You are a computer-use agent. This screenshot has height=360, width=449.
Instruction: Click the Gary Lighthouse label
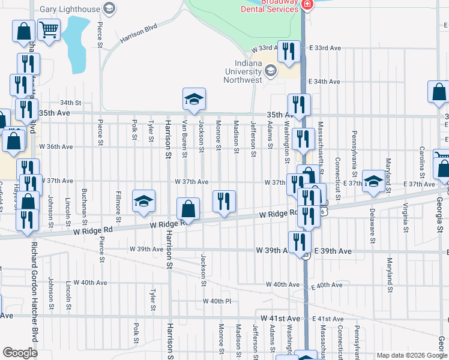70,10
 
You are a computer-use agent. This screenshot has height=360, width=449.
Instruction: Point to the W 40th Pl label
217,301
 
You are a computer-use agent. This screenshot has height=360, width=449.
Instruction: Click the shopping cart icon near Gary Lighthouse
49,29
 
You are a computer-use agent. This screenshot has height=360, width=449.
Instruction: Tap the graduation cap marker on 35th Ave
194,100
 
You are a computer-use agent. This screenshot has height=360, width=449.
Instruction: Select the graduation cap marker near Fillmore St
143,202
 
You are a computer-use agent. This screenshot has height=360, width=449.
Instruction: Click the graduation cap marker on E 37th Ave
373,182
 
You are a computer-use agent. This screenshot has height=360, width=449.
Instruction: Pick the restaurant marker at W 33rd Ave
289,52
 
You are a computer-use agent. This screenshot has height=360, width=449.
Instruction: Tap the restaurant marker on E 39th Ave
299,242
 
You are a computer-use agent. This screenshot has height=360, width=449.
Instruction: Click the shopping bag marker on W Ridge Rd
188,210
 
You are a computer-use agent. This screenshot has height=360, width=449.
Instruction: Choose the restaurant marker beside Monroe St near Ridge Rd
224,202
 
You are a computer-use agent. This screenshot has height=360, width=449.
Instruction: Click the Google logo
20,352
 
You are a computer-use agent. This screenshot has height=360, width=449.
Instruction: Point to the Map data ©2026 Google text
411,355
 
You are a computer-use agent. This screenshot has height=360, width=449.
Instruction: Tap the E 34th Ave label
324,82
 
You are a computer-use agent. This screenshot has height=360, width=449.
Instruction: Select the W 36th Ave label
56,146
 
